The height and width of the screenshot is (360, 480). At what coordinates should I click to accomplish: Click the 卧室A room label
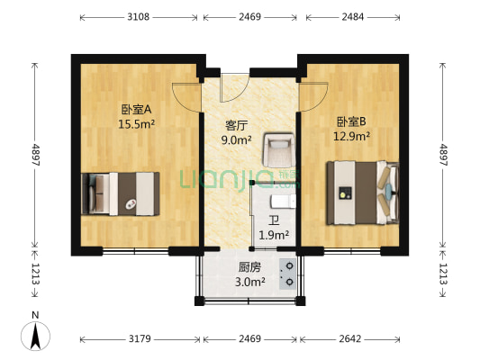[136, 111]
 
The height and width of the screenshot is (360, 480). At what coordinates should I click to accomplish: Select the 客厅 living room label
[237, 125]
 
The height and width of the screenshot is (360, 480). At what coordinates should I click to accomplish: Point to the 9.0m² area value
[237, 139]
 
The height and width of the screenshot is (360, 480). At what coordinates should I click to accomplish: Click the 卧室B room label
[352, 121]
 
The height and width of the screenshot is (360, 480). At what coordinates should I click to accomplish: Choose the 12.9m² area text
[352, 136]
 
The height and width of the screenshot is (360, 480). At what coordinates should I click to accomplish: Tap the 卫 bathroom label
[273, 220]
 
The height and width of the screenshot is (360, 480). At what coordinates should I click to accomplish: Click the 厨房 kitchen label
[250, 267]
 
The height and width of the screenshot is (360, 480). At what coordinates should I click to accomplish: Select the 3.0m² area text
[250, 282]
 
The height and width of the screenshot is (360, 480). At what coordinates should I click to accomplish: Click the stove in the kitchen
[289, 273]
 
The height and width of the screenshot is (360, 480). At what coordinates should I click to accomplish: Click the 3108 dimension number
[138, 17]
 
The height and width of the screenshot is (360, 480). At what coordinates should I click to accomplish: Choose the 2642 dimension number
[349, 338]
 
